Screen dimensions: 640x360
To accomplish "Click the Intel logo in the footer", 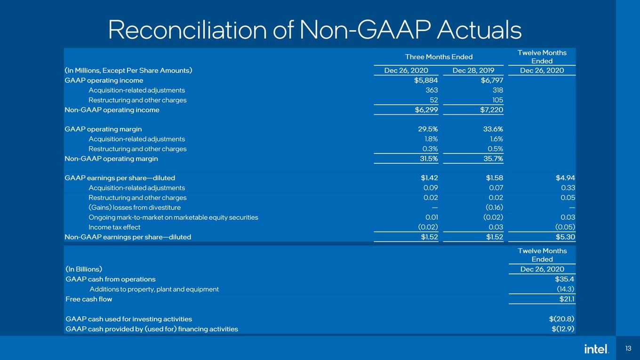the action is tap(596, 349).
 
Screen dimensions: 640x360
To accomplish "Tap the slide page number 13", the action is tap(628, 349).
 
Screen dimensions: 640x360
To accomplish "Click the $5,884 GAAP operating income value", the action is tap(426, 80).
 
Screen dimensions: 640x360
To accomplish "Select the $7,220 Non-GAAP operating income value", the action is tap(491, 110).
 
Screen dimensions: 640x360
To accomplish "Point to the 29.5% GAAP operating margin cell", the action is tap(428, 129).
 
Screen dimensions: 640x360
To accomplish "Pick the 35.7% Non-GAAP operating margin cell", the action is tap(493, 159).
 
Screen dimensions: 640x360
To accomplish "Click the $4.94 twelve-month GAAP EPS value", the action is tap(565, 178).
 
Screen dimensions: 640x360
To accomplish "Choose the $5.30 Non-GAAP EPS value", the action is tap(565, 237).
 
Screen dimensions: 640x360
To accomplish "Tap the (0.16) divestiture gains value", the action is tap(494, 208).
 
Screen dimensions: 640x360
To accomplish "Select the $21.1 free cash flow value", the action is tap(567, 299).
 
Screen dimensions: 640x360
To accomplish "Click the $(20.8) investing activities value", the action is tap(561, 319).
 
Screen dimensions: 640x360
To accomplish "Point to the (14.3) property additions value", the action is tap(565, 289).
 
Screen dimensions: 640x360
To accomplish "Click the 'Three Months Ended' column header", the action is tap(439, 57).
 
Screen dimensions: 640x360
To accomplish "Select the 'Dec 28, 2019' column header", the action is tap(473, 71).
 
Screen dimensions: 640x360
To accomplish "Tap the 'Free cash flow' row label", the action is tap(89, 299).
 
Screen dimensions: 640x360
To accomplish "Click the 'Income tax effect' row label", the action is tap(114, 227).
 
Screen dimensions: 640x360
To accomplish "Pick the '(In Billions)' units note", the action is tap(84, 269).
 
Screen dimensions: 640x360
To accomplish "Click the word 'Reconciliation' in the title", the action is tap(187, 30).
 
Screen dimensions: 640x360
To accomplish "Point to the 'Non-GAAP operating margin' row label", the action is tap(111, 159).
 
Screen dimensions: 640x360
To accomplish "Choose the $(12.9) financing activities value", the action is tap(563, 329).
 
